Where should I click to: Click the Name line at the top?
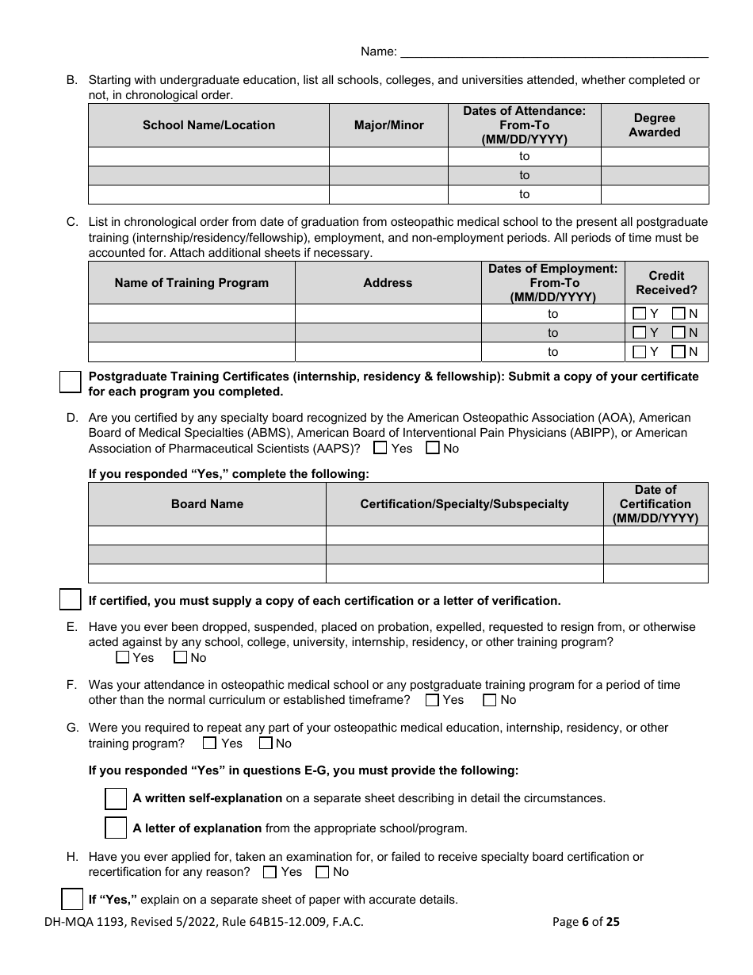coord(555,52)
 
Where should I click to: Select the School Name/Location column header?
coord(208,125)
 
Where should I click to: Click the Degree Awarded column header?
coord(655,125)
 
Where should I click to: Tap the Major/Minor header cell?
coord(388,125)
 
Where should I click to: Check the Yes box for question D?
coord(380,448)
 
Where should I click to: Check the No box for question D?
coord(433,448)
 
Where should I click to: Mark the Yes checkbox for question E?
coord(123,657)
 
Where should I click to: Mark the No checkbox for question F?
coord(490,700)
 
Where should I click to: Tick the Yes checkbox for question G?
coord(210,744)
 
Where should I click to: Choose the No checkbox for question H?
coord(323,872)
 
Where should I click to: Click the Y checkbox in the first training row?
coord(640,314)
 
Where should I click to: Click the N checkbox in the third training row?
coord(678,352)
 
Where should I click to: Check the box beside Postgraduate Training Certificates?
coord(71,382)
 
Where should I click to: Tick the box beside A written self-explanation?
coord(116,798)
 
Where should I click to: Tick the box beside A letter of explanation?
coord(116,828)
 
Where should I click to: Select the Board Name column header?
coord(207,504)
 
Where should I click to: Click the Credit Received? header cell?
coord(666,283)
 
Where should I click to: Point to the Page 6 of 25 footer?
coord(586,921)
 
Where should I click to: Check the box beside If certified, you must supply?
coord(71,600)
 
